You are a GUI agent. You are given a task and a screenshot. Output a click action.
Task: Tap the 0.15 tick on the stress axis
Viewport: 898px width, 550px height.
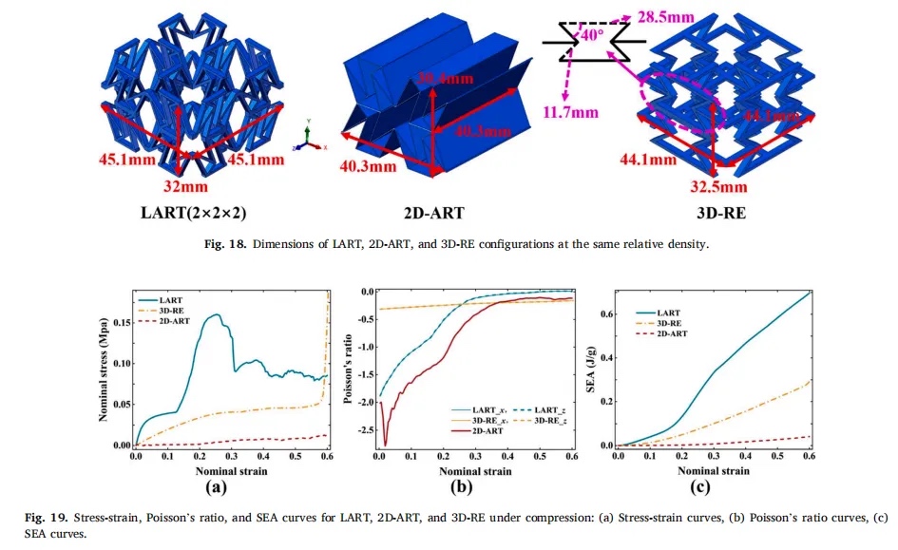point(121,322)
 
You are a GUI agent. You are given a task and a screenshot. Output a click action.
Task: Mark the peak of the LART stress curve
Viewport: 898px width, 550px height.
point(218,314)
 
